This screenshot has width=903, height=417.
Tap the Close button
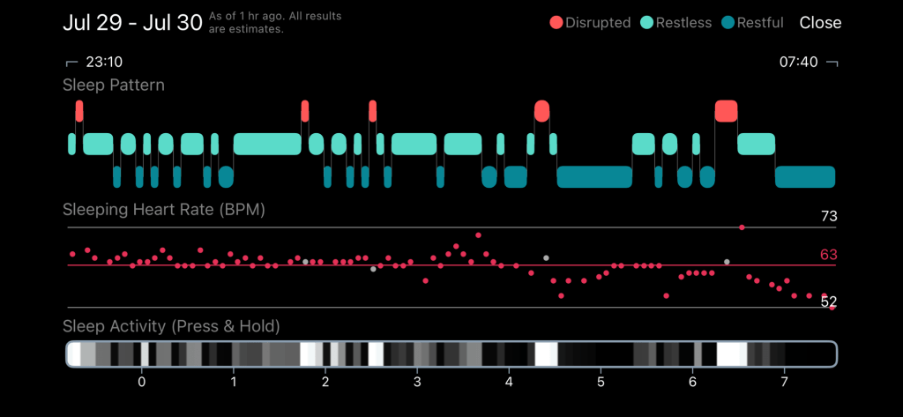coord(820,23)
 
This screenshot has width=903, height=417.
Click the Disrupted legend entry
coord(590,23)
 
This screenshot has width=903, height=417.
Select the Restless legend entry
coord(676,23)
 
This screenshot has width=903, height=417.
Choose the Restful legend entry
coord(752,23)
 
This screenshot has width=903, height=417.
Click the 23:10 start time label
coord(104,63)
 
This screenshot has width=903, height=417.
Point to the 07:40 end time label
coord(798,63)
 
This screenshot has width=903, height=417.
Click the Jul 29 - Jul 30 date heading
coord(132,23)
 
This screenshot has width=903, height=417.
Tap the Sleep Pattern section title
coord(114,86)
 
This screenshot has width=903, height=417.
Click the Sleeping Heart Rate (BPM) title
coord(163,210)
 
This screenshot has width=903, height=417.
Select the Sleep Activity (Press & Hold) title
coord(171,327)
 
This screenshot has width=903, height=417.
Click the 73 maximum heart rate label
coord(829,217)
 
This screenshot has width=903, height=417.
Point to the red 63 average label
coord(829,255)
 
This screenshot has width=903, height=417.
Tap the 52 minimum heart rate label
coord(829,302)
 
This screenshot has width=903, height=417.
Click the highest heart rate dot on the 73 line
coord(742,227)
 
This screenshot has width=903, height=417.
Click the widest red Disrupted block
coord(727,110)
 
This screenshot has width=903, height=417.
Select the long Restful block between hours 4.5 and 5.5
coord(594,177)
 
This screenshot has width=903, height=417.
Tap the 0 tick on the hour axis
coord(142,382)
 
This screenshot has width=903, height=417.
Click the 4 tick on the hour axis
coord(509,382)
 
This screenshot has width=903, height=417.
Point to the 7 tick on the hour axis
coord(784,382)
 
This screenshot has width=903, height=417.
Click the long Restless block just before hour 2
coord(267,144)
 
